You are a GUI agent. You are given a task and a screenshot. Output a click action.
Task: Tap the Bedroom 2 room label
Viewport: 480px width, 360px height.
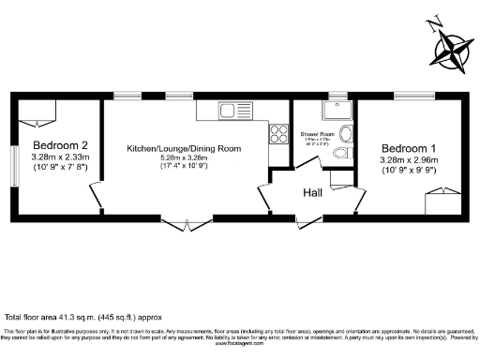(x=60, y=146)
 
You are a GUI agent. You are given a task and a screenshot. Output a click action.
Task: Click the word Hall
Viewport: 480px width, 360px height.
(x=313, y=193)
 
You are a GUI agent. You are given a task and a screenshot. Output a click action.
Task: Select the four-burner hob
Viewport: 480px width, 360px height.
(x=278, y=133)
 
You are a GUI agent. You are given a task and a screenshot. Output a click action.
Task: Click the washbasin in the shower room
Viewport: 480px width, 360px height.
(x=347, y=132)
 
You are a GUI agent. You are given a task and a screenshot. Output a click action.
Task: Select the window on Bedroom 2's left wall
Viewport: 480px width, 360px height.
(x=14, y=166)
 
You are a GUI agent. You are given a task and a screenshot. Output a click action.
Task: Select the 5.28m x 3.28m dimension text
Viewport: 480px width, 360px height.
(x=183, y=158)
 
